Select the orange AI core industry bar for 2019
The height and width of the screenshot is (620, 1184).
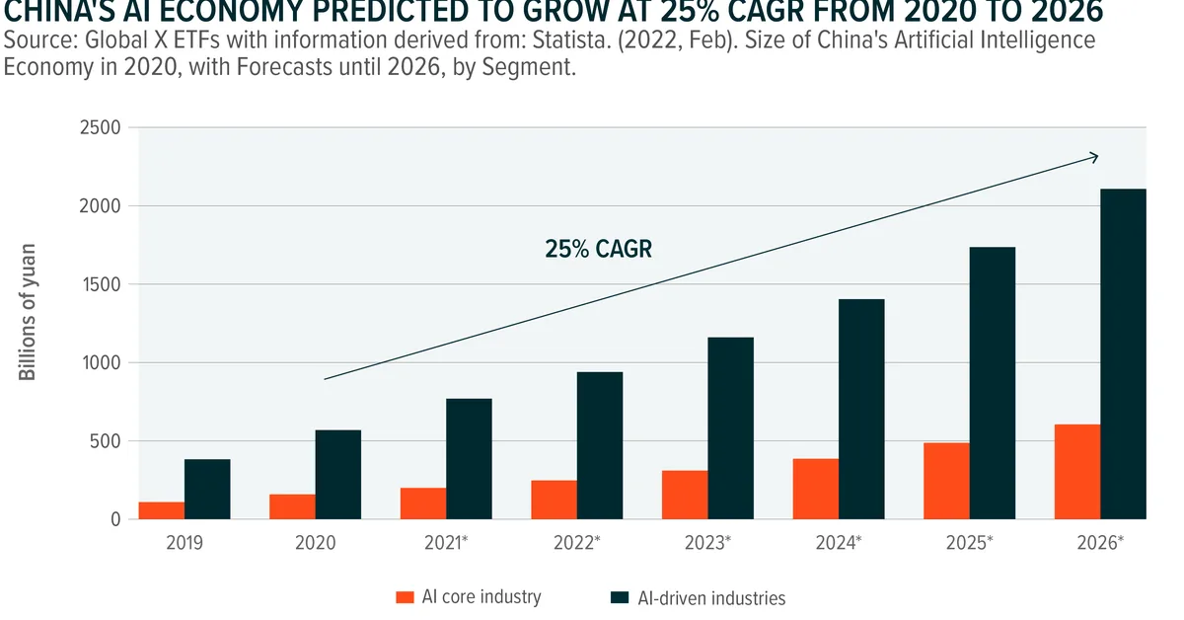point(161,510)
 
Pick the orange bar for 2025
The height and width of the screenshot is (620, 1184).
point(946,481)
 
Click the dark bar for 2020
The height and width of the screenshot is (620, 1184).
point(337,474)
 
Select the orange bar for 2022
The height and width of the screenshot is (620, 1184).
point(554,500)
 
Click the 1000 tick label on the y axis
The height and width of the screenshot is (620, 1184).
point(97,363)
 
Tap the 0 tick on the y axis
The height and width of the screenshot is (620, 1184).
point(114,519)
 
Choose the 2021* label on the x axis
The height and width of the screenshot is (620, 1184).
point(446,543)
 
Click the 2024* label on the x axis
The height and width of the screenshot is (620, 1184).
point(839,543)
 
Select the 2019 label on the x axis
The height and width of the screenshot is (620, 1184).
point(185,543)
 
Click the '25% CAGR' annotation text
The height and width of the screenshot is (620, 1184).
point(599,250)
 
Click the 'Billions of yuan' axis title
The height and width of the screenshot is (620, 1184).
point(28,311)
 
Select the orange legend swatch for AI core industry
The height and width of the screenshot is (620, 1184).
point(404,597)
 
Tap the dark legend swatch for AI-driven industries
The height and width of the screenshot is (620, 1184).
point(619,597)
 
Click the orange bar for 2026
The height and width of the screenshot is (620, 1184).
point(1076,472)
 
